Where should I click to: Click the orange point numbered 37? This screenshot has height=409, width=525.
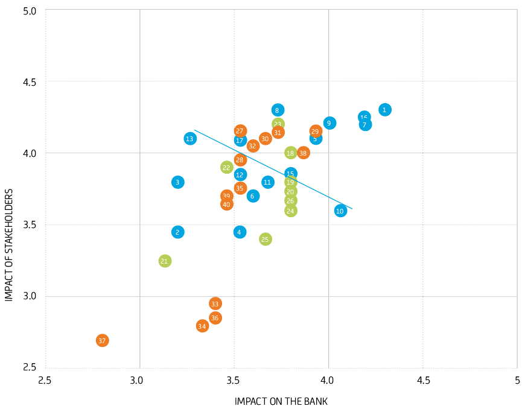tap(102, 341)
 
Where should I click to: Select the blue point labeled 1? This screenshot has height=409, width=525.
tap(385, 110)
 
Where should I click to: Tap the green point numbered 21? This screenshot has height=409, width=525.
tap(165, 261)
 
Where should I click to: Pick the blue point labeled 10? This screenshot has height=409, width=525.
tap(340, 211)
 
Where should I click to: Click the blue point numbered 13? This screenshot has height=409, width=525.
tap(190, 139)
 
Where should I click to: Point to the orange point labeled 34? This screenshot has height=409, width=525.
tap(202, 326)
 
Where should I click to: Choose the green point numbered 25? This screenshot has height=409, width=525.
tap(265, 239)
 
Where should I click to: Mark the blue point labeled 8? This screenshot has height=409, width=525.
tap(278, 110)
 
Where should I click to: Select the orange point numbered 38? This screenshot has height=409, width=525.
tap(303, 153)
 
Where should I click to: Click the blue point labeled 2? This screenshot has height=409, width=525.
tap(177, 232)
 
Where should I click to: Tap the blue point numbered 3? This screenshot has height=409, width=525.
tap(177, 182)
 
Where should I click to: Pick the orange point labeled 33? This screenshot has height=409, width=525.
tap(215, 303)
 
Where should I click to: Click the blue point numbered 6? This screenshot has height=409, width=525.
tap(253, 196)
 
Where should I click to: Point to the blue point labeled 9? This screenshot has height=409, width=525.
tap(329, 123)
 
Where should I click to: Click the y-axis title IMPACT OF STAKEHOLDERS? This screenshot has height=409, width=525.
tap(9, 245)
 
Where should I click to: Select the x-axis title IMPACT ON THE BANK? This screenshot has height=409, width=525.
tap(281, 401)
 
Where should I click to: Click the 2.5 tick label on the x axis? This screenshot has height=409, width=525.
tap(45, 381)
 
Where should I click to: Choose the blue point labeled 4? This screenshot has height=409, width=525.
tap(240, 232)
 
